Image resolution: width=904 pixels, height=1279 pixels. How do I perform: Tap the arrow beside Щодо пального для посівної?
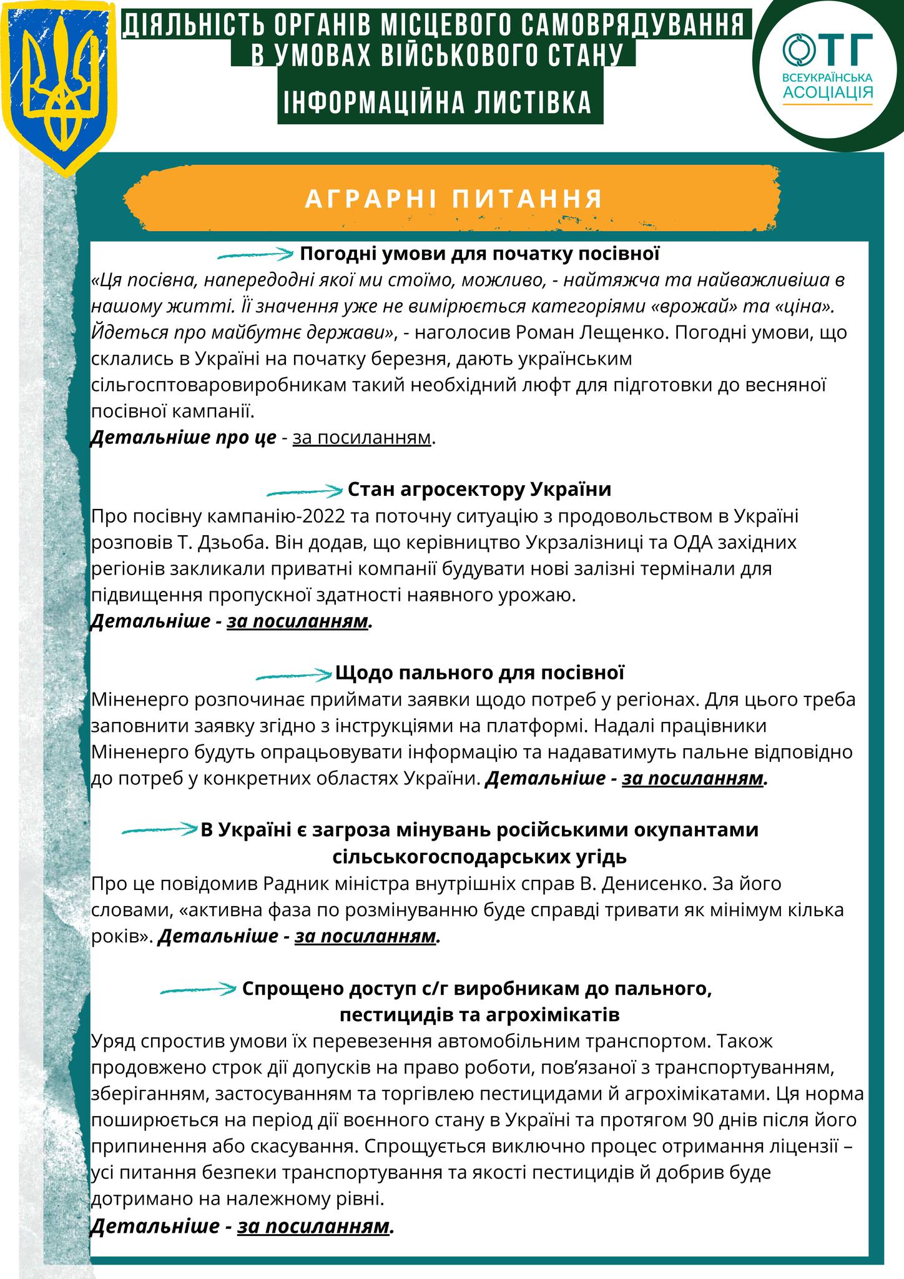pyautogui.click(x=293, y=674)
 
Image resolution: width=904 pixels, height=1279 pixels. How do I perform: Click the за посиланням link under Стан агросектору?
pyautogui.click(x=297, y=622)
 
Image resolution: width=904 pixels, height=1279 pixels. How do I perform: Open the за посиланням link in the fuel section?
pyautogui.click(x=693, y=779)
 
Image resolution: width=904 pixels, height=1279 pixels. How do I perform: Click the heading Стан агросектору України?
pyautogui.click(x=479, y=489)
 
